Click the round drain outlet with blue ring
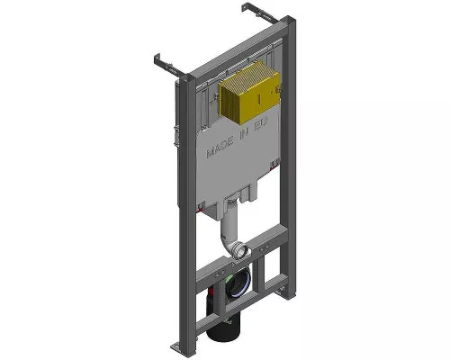pyautogui.click(x=236, y=286)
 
